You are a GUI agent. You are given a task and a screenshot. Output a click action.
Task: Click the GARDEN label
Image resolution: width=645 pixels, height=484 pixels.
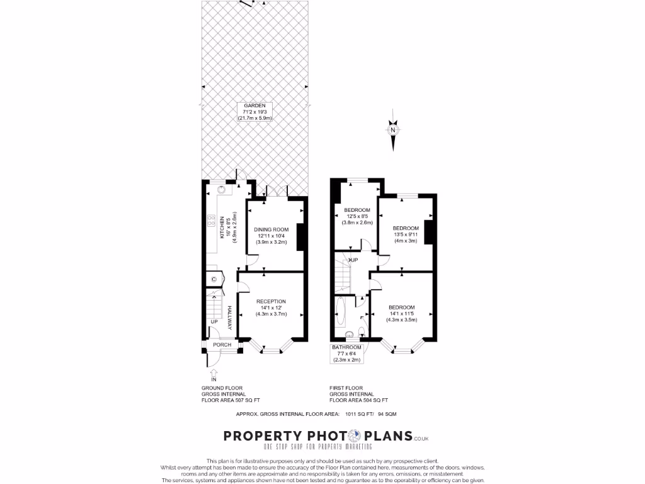point(254,112)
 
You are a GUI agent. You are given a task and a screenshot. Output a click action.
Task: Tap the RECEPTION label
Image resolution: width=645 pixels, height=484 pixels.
point(271,307)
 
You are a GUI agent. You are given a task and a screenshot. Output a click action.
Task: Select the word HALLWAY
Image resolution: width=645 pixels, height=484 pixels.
point(230,318)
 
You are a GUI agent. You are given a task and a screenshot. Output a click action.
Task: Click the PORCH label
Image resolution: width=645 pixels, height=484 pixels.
point(222,345)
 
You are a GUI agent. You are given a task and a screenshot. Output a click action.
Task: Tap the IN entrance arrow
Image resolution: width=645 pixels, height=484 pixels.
point(213,376)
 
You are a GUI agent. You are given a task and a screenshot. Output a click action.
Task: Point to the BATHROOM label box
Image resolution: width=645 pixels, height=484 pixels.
point(347,354)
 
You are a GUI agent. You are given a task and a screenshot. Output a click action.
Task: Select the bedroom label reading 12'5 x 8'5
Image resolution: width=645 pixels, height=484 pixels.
point(357,216)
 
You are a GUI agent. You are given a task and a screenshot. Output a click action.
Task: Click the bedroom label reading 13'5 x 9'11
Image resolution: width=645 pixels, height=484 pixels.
point(405,234)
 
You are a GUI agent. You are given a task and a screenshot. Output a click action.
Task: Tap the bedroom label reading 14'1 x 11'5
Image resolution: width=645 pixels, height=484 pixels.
point(402,313)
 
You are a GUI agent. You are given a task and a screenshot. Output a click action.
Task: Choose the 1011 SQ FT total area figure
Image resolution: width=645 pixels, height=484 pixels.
point(359,414)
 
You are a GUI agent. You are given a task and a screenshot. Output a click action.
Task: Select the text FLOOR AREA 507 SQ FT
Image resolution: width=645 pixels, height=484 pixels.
point(231,400)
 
